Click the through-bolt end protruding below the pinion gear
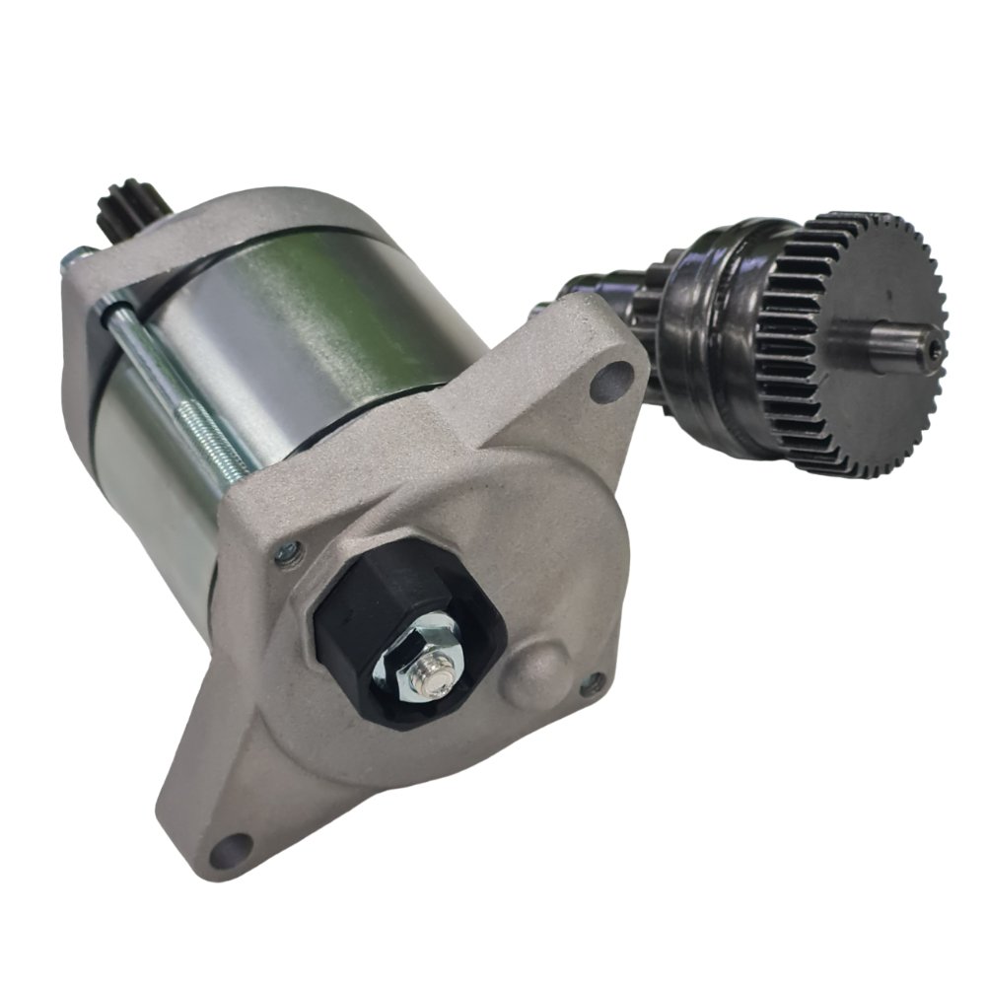pos(74,259)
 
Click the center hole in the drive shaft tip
pos(934,347)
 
